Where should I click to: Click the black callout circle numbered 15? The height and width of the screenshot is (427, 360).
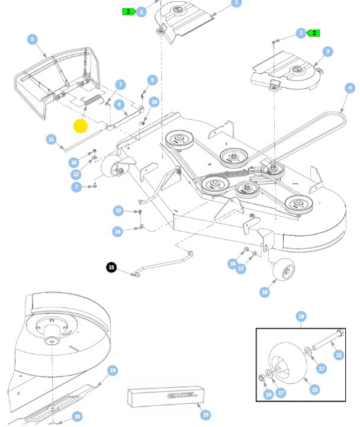pyautogui.click(x=111, y=267)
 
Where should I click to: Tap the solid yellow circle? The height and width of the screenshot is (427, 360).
pyautogui.click(x=81, y=126)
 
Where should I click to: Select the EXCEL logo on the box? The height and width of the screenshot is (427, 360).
pyautogui.click(x=182, y=396)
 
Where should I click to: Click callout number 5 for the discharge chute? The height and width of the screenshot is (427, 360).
pyautogui.click(x=33, y=39)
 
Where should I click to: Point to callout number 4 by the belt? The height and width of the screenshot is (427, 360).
pyautogui.click(x=350, y=88)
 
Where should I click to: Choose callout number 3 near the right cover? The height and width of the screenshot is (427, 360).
pyautogui.click(x=327, y=51)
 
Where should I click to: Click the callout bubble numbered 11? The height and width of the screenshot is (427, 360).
pyautogui.click(x=51, y=139)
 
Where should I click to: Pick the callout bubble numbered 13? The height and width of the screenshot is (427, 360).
pyautogui.click(x=118, y=210)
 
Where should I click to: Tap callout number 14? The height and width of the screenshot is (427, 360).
pyautogui.click(x=118, y=232)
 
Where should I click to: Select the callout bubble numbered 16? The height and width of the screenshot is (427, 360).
pyautogui.click(x=233, y=264)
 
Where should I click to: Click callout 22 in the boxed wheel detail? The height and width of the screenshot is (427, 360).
pyautogui.click(x=339, y=355)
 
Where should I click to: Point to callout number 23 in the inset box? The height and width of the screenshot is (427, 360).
pyautogui.click(x=315, y=390)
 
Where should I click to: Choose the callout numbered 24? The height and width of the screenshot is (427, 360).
pyautogui.click(x=268, y=394)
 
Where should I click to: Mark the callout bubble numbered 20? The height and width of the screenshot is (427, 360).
pyautogui.click(x=77, y=416)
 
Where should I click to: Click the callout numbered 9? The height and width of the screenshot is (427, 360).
pyautogui.click(x=152, y=80)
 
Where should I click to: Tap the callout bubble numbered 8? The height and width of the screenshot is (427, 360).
pyautogui.click(x=119, y=105)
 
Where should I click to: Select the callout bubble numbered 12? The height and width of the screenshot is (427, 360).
pyautogui.click(x=76, y=174)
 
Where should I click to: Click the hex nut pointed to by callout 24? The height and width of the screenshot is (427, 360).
pyautogui.click(x=262, y=378)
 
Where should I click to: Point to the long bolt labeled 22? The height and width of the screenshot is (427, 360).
pyautogui.click(x=328, y=339)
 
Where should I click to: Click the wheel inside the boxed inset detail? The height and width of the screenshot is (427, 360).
pyautogui.click(x=287, y=362)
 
